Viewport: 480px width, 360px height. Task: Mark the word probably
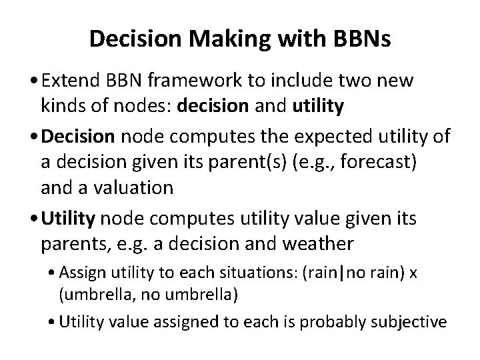point(339,322)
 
